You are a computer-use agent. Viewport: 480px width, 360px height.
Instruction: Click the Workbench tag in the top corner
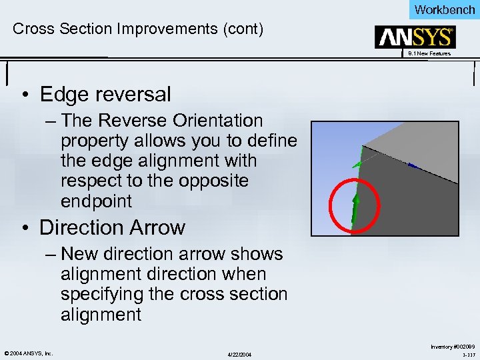coord(445,9)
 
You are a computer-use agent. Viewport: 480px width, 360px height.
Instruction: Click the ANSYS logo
coord(415,37)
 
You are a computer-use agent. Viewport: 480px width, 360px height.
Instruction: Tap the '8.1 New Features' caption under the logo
coord(429,53)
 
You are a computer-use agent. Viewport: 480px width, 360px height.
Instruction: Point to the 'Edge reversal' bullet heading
coord(105,95)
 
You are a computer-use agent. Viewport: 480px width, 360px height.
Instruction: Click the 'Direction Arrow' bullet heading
coord(112,227)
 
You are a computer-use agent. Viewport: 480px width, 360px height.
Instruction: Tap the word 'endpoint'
coord(97,201)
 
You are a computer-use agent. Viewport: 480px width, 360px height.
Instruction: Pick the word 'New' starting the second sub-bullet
coord(79,255)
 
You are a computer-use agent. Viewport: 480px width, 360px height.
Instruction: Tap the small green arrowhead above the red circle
coord(357,163)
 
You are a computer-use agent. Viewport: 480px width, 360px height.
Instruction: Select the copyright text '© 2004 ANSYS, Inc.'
coord(28,353)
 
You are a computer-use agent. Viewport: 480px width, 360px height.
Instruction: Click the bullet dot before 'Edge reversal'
coord(23,95)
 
